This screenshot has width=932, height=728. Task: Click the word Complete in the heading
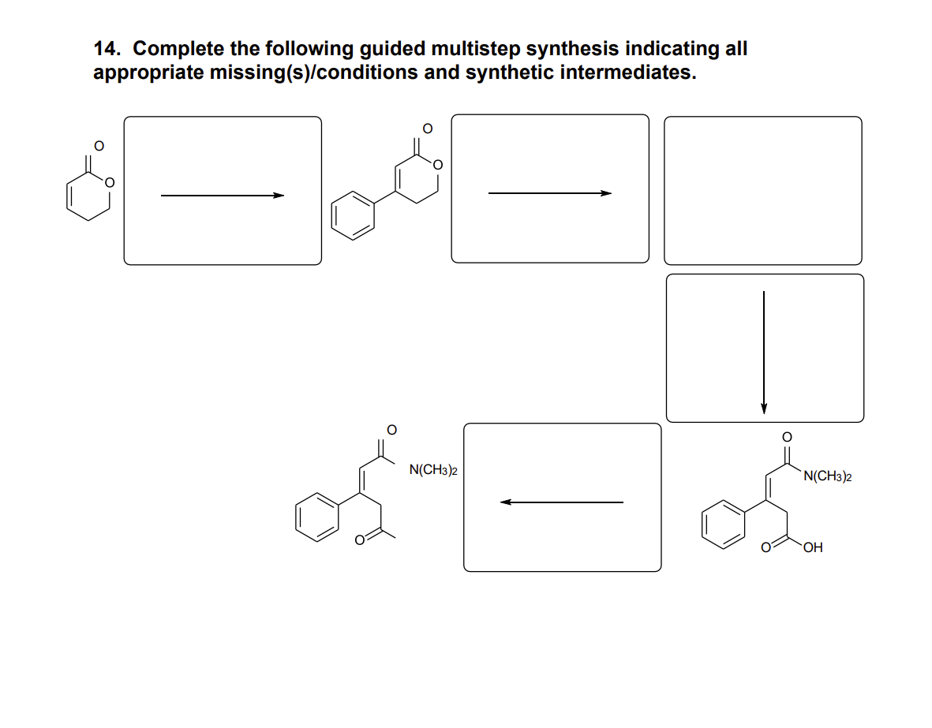(x=178, y=49)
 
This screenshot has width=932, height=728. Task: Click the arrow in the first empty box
(x=222, y=196)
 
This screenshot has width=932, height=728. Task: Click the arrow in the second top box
(x=549, y=192)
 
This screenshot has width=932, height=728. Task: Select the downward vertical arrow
(x=763, y=351)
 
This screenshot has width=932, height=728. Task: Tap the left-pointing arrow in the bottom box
(x=561, y=502)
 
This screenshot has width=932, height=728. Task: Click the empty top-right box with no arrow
(x=762, y=190)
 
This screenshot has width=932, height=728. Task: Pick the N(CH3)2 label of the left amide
(x=433, y=471)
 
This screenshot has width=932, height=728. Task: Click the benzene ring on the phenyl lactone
(x=352, y=215)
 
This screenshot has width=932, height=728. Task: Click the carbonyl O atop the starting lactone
(x=98, y=145)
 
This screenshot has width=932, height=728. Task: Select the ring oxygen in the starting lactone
(x=110, y=182)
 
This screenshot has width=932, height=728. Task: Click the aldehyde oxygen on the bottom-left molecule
(x=359, y=541)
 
